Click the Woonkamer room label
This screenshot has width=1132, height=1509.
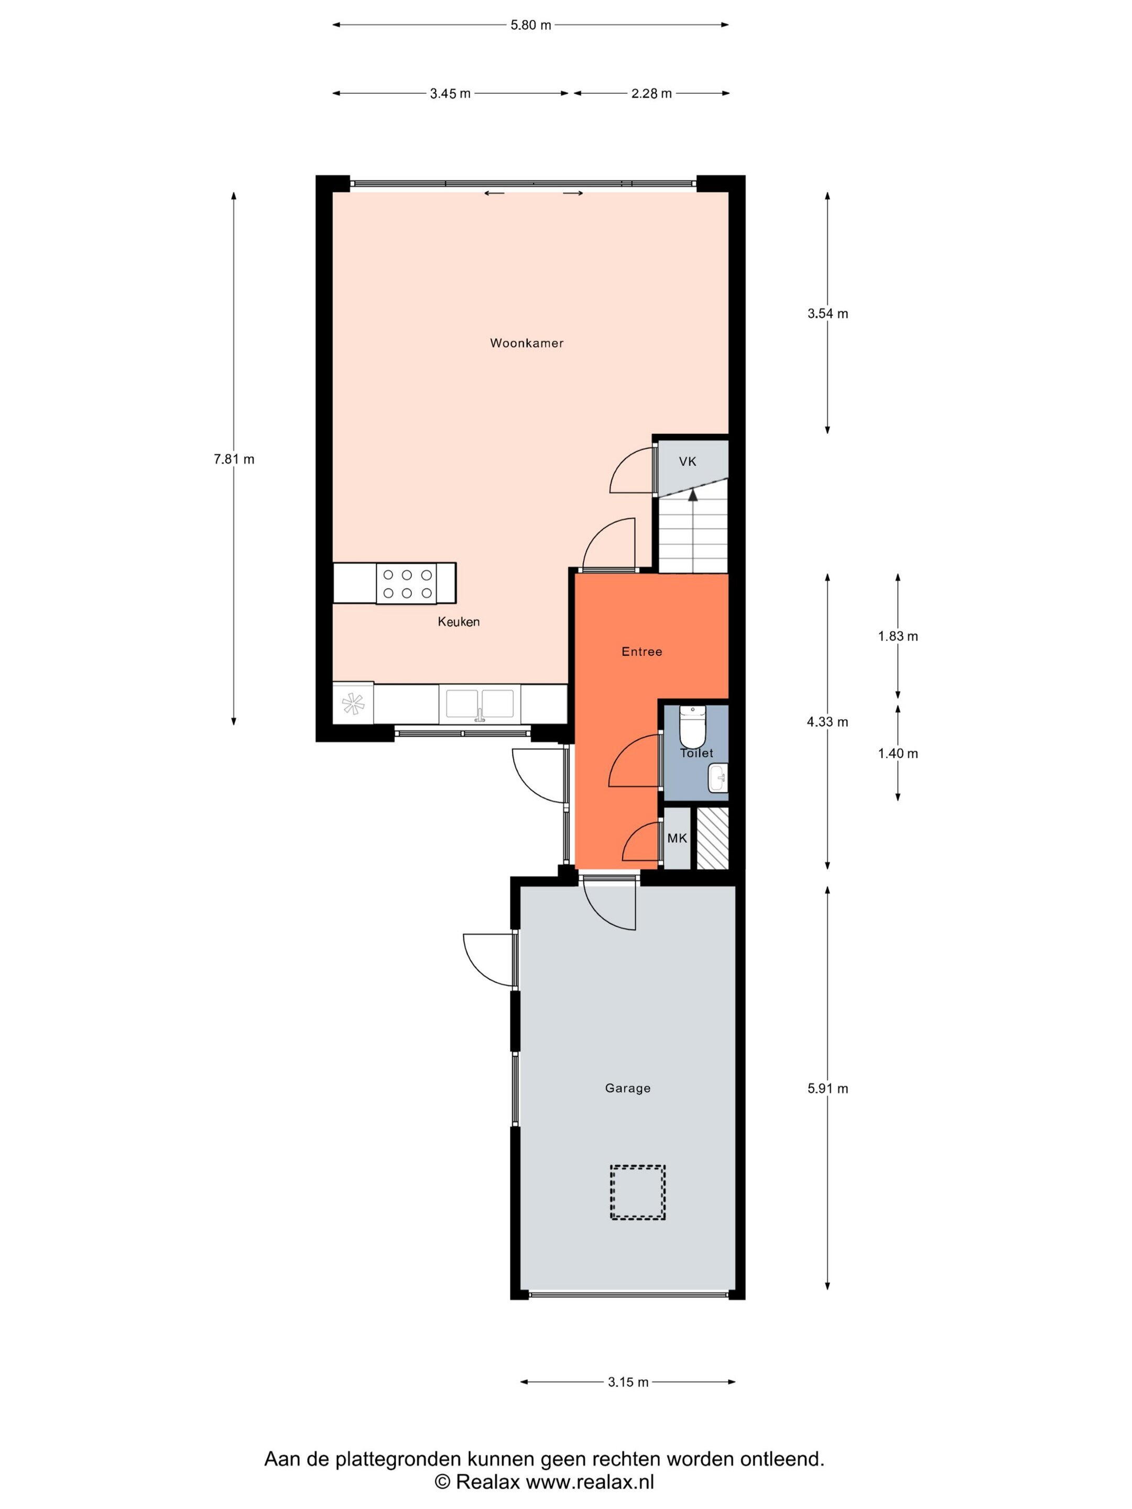(527, 343)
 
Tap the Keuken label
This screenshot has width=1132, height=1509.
(459, 621)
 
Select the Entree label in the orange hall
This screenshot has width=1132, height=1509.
(641, 651)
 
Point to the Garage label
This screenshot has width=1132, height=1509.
(627, 1088)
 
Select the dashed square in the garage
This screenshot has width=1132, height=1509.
(637, 1192)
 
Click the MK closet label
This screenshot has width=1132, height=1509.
(677, 838)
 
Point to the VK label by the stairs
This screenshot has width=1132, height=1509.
(688, 462)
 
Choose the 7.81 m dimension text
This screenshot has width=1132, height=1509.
(234, 459)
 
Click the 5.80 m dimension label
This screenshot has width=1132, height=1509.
(531, 25)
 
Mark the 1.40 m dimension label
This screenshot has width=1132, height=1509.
(898, 753)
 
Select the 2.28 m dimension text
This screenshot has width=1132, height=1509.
(651, 93)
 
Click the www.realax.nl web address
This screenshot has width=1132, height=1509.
(590, 1480)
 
